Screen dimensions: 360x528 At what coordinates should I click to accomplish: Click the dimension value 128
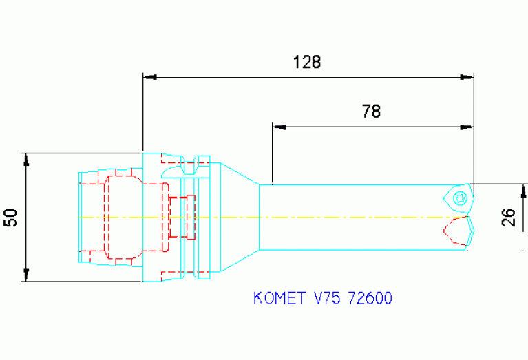[307, 62]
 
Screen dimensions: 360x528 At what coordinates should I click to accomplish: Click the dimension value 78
[370, 111]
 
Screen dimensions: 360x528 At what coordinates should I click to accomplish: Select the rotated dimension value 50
[10, 218]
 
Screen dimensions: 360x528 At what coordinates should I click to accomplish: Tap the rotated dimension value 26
[509, 218]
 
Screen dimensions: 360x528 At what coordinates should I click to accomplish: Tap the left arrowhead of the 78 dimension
[279, 127]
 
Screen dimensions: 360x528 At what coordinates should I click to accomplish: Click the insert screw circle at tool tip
[461, 198]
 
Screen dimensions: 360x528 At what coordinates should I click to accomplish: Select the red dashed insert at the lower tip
[459, 231]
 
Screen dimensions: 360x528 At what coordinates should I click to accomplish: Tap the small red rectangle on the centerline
[181, 218]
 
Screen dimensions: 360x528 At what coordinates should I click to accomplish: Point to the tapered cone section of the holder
[238, 218]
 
